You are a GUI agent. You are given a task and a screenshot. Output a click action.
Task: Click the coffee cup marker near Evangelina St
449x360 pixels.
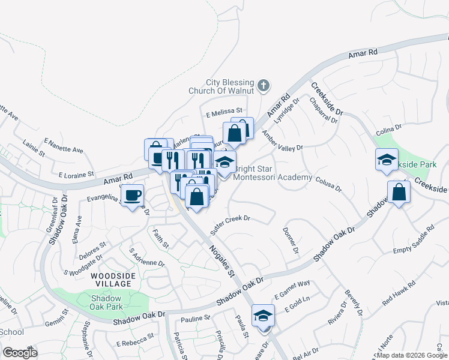[132, 195]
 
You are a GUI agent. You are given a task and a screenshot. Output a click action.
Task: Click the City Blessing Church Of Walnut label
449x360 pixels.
[231, 86]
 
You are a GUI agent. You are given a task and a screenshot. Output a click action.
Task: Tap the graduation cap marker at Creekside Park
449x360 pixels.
[387, 160]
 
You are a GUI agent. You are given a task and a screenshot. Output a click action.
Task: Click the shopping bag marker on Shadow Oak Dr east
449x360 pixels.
[399, 192]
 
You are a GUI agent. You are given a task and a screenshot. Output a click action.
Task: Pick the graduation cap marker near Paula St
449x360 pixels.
[263, 316]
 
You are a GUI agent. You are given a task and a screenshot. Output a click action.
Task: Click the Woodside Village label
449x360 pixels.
[111, 279]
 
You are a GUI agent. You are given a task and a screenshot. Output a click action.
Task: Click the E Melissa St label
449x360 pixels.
[223, 111]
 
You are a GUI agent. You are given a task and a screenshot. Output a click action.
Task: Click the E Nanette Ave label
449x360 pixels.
[63, 146]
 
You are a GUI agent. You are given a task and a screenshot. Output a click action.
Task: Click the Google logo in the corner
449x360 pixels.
[20, 353]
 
